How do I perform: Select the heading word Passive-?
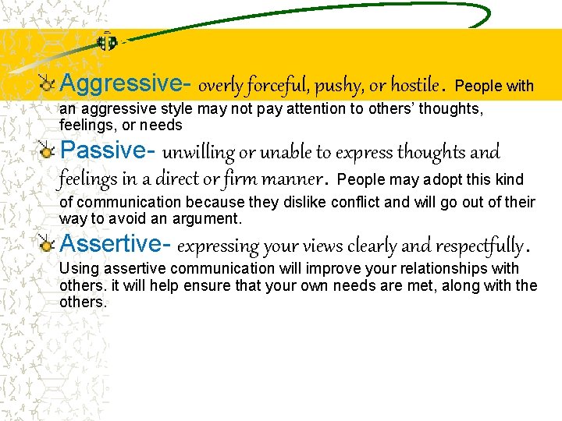[108, 150]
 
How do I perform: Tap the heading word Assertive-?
[116, 244]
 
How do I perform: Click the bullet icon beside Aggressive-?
[48, 83]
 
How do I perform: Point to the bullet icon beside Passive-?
[48, 150]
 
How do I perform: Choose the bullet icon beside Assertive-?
[48, 245]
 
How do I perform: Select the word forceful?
[268, 84]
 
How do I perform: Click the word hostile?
[414, 84]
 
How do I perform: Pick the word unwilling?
[196, 151]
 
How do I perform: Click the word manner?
[294, 179]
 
